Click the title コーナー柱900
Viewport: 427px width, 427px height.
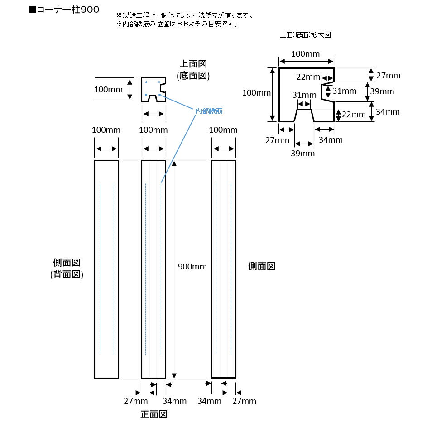pyautogui.click(x=64, y=9)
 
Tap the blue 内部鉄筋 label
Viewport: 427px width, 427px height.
pyautogui.click(x=209, y=110)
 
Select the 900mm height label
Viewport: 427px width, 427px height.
pyautogui.click(x=193, y=266)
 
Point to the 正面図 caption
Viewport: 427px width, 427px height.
pyautogui.click(x=154, y=414)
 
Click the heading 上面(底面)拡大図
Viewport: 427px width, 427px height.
pyautogui.click(x=306, y=34)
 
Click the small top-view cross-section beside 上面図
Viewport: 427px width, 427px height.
pyautogui.click(x=153, y=89)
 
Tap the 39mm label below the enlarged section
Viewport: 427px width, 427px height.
pyautogui.click(x=302, y=154)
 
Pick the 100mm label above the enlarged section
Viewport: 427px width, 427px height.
pyautogui.click(x=305, y=54)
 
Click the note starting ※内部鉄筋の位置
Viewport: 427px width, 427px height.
pyautogui.click(x=177, y=24)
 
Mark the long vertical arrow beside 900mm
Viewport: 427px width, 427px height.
pyautogui.click(x=173, y=269)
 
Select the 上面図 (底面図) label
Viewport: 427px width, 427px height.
pyautogui.click(x=193, y=70)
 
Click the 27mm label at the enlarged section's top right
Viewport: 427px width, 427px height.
pyautogui.click(x=389, y=75)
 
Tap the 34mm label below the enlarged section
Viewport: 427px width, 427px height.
pyautogui.click(x=331, y=140)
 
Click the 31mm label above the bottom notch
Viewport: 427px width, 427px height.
pyautogui.click(x=304, y=95)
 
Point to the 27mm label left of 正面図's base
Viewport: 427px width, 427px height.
pyautogui.click(x=136, y=401)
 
